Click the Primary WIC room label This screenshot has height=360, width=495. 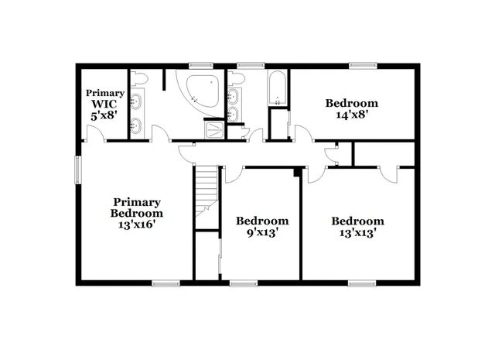[104, 103]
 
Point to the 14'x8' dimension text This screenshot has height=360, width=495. [351, 115]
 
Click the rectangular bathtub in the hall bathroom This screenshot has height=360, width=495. [277, 89]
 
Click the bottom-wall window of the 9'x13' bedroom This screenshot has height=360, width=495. [242, 283]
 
